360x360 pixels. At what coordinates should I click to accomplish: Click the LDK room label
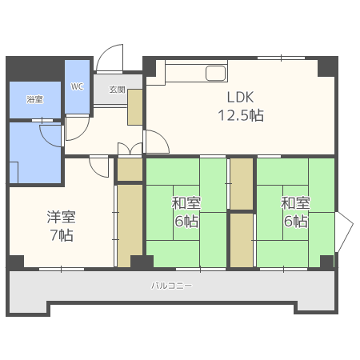tap(240, 98)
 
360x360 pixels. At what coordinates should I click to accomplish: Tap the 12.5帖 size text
tap(241, 115)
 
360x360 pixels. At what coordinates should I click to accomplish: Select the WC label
tap(77, 86)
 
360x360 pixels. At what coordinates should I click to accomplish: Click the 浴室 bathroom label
tap(35, 99)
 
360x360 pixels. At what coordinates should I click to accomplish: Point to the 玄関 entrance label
tap(118, 90)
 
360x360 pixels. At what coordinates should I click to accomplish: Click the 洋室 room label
tap(62, 217)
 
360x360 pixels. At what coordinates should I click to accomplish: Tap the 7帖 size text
tap(62, 235)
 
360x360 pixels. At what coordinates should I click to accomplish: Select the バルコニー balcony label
tap(171, 286)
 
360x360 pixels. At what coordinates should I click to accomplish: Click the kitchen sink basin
tap(216, 73)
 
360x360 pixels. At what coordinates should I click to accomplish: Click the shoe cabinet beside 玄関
tap(134, 107)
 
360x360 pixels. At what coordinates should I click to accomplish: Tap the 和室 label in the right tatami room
tap(295, 203)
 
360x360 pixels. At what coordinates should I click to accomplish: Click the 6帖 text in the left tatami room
tap(186, 221)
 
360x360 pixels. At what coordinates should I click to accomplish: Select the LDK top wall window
tap(281, 58)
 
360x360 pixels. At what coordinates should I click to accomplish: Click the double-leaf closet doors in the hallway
tap(130, 149)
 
